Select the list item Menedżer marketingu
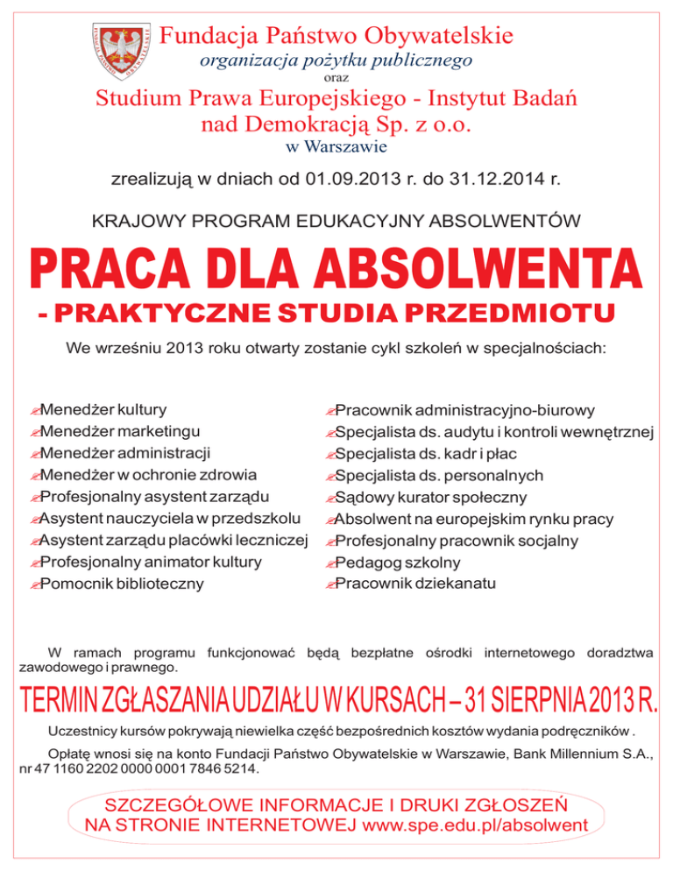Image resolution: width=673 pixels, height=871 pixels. pos(118,431)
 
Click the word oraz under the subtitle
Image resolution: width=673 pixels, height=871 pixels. pos(336,78)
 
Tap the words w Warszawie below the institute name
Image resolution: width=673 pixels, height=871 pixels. pos(336,146)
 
